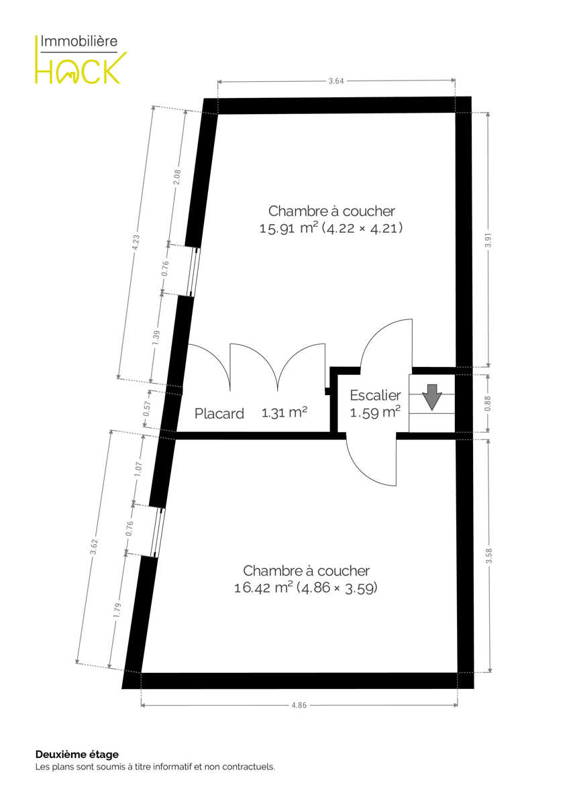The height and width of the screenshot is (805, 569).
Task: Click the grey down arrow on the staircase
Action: pyautogui.click(x=431, y=397)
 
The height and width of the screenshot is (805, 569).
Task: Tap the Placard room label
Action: pyautogui.click(x=219, y=414)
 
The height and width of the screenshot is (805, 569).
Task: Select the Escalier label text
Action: pyautogui.click(x=375, y=395)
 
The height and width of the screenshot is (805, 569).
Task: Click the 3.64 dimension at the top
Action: pyautogui.click(x=336, y=81)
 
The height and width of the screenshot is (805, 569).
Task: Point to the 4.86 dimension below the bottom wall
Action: pyautogui.click(x=299, y=705)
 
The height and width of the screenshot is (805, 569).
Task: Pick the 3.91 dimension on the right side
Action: pyautogui.click(x=488, y=240)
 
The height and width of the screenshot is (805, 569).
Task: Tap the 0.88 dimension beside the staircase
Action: pyautogui.click(x=488, y=404)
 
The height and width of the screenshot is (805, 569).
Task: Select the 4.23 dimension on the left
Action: pyautogui.click(x=136, y=243)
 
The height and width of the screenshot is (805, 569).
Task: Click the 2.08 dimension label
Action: pyautogui.click(x=177, y=177)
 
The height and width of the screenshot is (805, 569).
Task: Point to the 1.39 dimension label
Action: pyautogui.click(x=156, y=337)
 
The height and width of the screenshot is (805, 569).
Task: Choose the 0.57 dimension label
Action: pyautogui.click(x=147, y=409)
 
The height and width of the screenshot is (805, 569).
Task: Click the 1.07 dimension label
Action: pyautogui.click(x=138, y=470)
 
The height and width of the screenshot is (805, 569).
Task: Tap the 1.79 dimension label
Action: pyautogui.click(x=117, y=610)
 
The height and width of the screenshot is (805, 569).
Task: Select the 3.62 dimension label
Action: pyautogui.click(x=94, y=547)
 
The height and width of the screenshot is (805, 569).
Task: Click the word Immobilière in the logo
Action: pyautogui.click(x=79, y=41)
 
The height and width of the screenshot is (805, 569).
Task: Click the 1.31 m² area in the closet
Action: pyautogui.click(x=284, y=412)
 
